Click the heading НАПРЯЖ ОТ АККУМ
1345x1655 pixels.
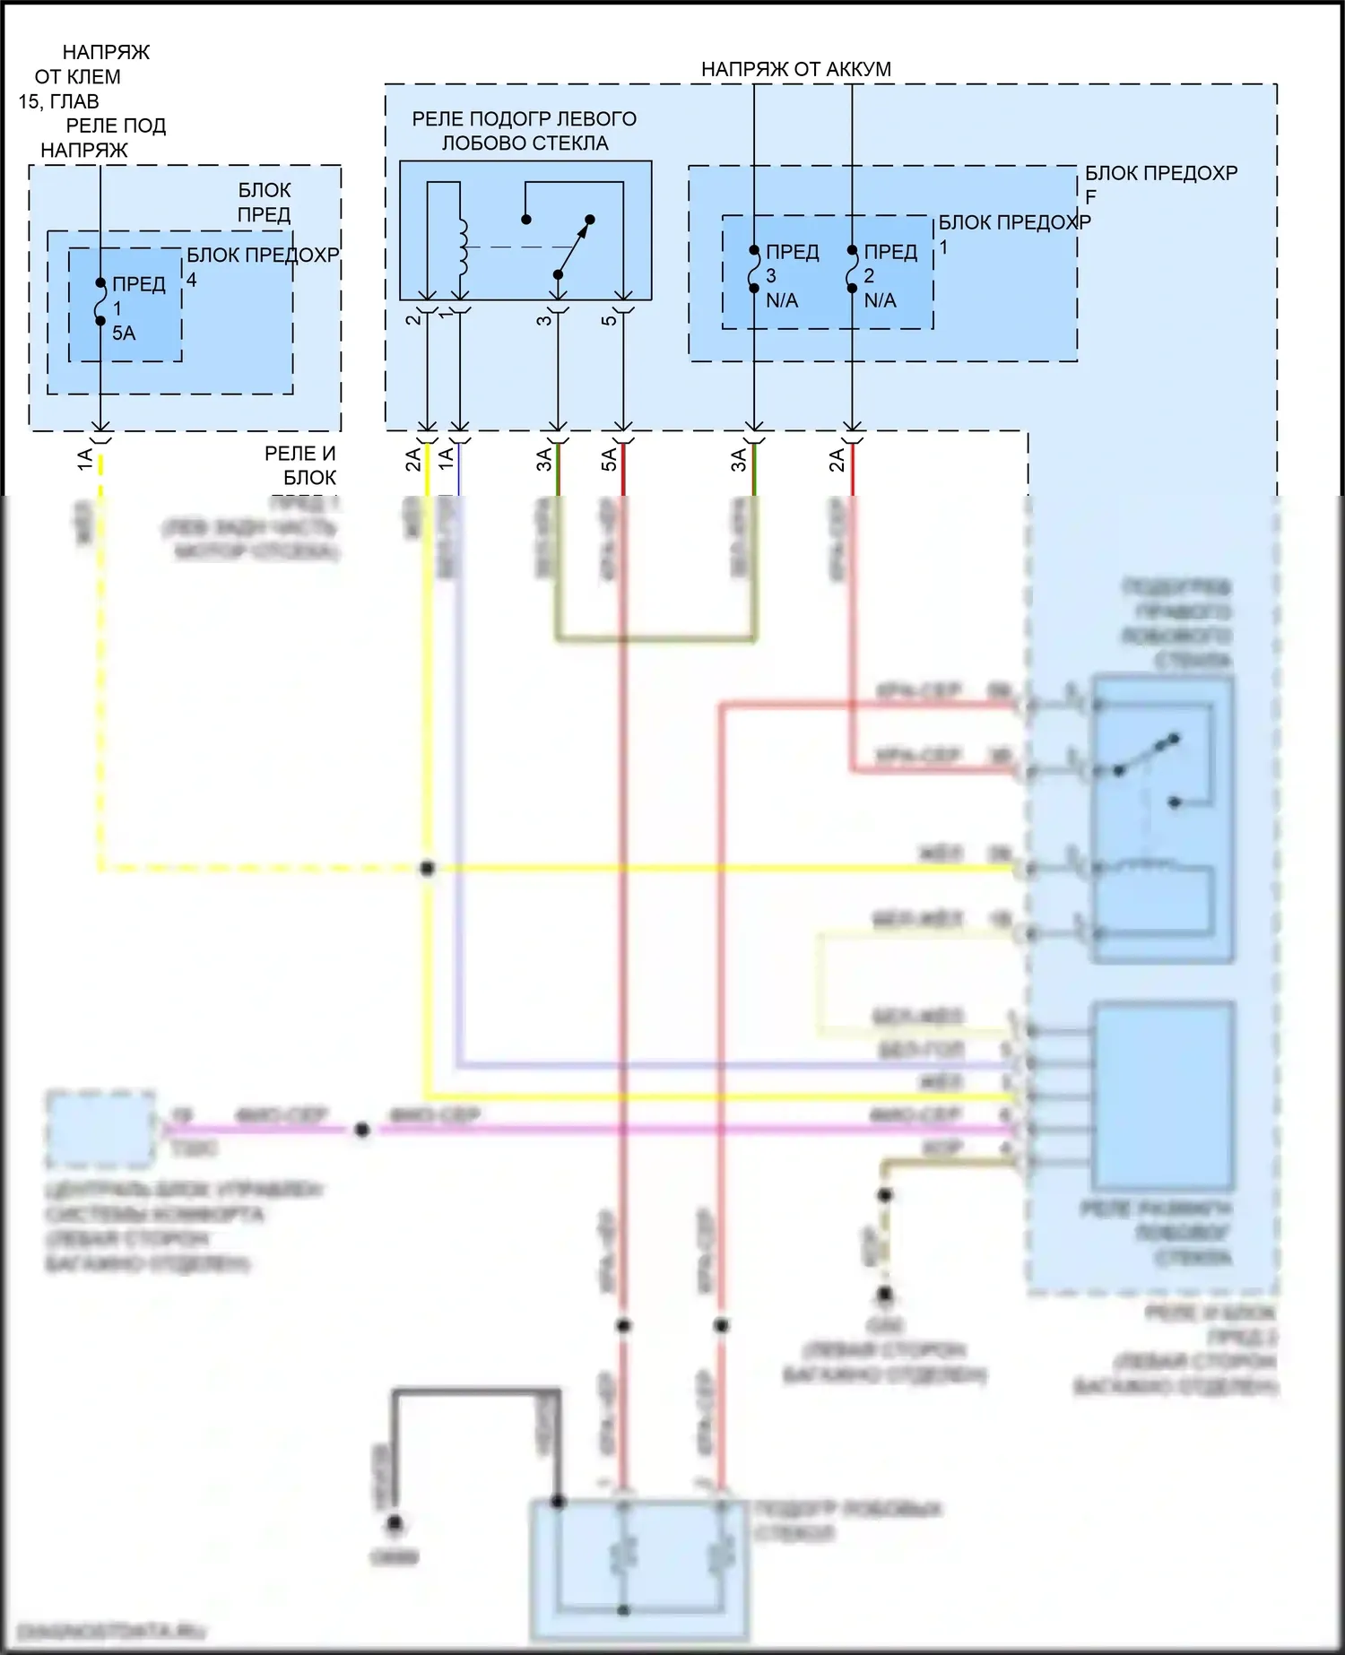[x=795, y=69]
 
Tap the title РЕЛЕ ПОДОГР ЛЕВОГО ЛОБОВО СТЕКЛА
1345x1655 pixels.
[x=525, y=131]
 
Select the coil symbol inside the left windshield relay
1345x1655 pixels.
[x=463, y=247]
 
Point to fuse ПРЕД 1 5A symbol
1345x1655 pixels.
[x=100, y=302]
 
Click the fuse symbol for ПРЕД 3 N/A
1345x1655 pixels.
[x=754, y=269]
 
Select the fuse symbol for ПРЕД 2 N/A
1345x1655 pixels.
[x=852, y=269]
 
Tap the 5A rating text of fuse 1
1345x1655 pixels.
[x=124, y=334]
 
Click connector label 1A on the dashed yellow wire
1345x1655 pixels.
[x=85, y=460]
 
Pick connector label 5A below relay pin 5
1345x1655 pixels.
[x=609, y=460]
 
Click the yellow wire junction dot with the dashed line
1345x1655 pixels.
[x=428, y=868]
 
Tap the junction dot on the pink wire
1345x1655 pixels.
[x=361, y=1131]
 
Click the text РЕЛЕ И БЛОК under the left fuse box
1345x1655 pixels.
[x=300, y=465]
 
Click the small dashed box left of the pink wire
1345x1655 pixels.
[x=100, y=1130]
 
